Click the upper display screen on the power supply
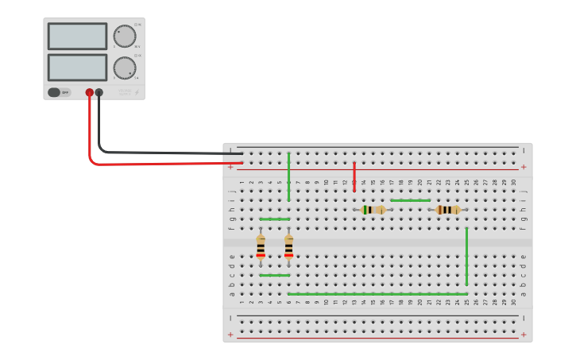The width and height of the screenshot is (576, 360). click(77, 36)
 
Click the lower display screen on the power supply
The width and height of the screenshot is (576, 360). click(77, 67)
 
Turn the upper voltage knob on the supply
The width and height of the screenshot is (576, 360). click(124, 37)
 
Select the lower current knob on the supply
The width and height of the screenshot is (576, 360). click(124, 68)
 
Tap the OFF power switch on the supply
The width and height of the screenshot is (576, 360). click(58, 92)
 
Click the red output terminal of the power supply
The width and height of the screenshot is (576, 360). click(89, 93)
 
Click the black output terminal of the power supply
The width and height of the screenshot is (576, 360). click(99, 93)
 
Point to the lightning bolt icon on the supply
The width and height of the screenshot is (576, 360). click(137, 92)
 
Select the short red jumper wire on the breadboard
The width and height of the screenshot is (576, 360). click(354, 176)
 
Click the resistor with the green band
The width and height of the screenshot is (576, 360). click(373, 210)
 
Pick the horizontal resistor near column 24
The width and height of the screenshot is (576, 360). click(448, 210)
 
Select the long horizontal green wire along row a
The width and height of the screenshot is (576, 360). click(377, 294)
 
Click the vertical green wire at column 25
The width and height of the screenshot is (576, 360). click(466, 256)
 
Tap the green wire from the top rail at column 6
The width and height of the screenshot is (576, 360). click(288, 176)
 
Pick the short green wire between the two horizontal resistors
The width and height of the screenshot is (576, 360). click(410, 200)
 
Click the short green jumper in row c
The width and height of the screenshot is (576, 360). click(274, 275)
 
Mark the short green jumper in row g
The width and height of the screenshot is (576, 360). click(274, 219)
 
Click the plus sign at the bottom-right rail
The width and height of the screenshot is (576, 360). click(523, 335)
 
